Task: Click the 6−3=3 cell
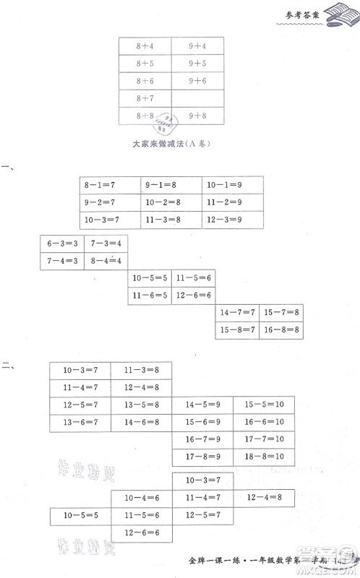click(62, 243)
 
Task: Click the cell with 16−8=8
click(281, 330)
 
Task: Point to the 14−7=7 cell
click(237, 313)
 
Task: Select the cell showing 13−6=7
click(80, 422)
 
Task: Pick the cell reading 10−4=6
click(142, 498)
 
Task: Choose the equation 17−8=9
click(202, 457)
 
